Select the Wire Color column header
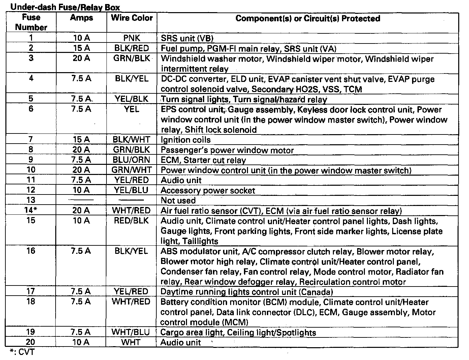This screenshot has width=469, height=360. click(132, 18)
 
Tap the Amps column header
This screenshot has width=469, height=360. click(82, 18)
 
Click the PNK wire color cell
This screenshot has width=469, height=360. click(132, 38)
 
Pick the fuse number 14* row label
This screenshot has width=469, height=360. click(31, 211)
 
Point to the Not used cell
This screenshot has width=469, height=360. click(178, 201)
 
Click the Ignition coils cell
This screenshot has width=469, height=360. click(186, 140)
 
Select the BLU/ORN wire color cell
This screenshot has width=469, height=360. click(132, 160)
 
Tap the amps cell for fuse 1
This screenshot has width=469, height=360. click(82, 38)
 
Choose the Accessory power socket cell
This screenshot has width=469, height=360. click(208, 190)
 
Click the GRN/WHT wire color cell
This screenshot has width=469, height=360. click(132, 170)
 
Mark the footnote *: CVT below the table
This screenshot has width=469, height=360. click(22, 353)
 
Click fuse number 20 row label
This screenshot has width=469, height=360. click(31, 342)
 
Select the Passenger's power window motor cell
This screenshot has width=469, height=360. click(227, 150)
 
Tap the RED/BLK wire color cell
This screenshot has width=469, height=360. click(132, 221)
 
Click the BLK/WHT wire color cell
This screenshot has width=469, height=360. click(132, 140)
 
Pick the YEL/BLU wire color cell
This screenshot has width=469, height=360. click(132, 190)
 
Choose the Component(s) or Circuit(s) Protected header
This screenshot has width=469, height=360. click(308, 18)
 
